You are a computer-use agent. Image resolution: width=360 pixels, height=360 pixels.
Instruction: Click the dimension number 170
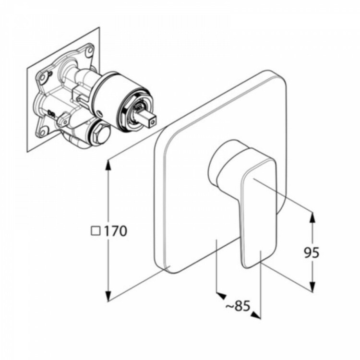[116, 231]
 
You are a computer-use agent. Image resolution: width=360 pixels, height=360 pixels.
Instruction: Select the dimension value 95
[312, 253]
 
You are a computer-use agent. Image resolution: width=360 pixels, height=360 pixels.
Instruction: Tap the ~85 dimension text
[238, 306]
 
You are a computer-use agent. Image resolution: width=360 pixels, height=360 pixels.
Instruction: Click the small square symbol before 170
[96, 231]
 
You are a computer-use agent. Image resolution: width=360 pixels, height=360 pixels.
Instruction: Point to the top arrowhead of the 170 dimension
[108, 164]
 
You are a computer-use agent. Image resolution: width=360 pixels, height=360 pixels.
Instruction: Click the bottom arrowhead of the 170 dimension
[108, 296]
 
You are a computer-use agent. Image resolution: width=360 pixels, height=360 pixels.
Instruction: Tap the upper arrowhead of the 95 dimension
[312, 217]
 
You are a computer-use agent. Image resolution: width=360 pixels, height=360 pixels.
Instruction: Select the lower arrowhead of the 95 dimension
[312, 287]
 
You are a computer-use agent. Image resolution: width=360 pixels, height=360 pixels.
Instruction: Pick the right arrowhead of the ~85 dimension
[255, 315]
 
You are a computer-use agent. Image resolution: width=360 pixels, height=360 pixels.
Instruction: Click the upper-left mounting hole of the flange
[42, 78]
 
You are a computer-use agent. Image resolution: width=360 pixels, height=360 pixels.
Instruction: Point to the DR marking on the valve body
[51, 113]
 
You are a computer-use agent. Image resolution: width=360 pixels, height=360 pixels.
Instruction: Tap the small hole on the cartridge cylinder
[100, 113]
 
